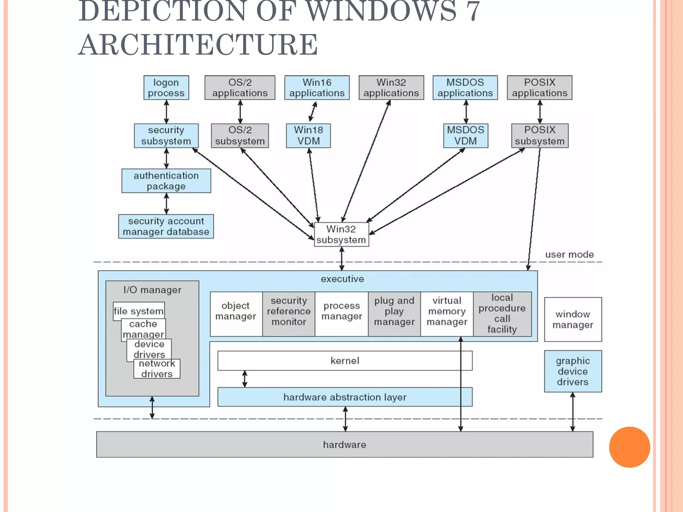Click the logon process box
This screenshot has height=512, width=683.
coord(166,88)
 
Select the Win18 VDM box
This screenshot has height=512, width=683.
coord(308,136)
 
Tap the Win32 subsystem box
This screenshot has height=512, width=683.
coord(341,235)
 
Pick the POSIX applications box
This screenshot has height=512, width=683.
coord(539,88)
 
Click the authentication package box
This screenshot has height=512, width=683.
coord(166,181)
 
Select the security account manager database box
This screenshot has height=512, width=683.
coord(166,226)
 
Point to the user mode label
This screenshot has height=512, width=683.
coord(569,255)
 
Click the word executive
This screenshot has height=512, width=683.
coord(342,279)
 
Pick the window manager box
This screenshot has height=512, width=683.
coord(573,319)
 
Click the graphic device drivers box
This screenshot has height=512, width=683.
coord(573,371)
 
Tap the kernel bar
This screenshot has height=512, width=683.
coord(345,361)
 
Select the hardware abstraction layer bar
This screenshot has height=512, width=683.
coord(345,397)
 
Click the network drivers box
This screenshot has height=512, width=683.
coord(157,369)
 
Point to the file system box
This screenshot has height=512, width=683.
coord(138,311)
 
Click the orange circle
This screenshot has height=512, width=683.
coord(629,447)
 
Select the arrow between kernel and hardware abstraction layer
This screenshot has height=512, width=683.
coord(245,379)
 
